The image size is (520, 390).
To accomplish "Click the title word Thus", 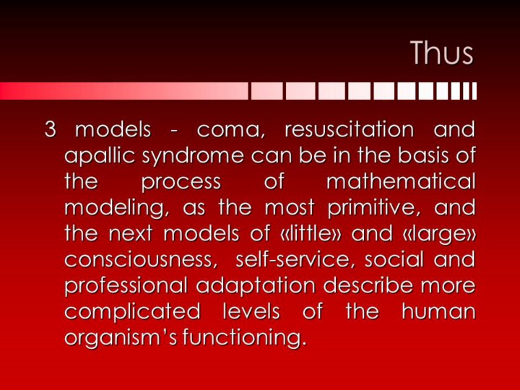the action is tap(442, 53).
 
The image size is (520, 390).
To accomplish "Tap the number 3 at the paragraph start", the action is tap(50, 129).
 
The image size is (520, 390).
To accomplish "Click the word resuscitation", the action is tap(350, 129).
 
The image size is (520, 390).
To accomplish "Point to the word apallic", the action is tap(100, 155).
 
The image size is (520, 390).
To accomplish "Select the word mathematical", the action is tap(401, 181).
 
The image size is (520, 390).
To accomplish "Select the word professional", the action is tap(126, 286).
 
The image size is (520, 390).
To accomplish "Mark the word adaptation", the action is tap(256, 286).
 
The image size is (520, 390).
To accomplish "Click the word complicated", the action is tap(132, 312).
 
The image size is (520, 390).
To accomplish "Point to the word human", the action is tap(438, 311).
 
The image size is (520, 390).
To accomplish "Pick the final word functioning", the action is tap(243, 338).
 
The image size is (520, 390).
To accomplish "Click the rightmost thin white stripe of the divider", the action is tap(474, 91).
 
